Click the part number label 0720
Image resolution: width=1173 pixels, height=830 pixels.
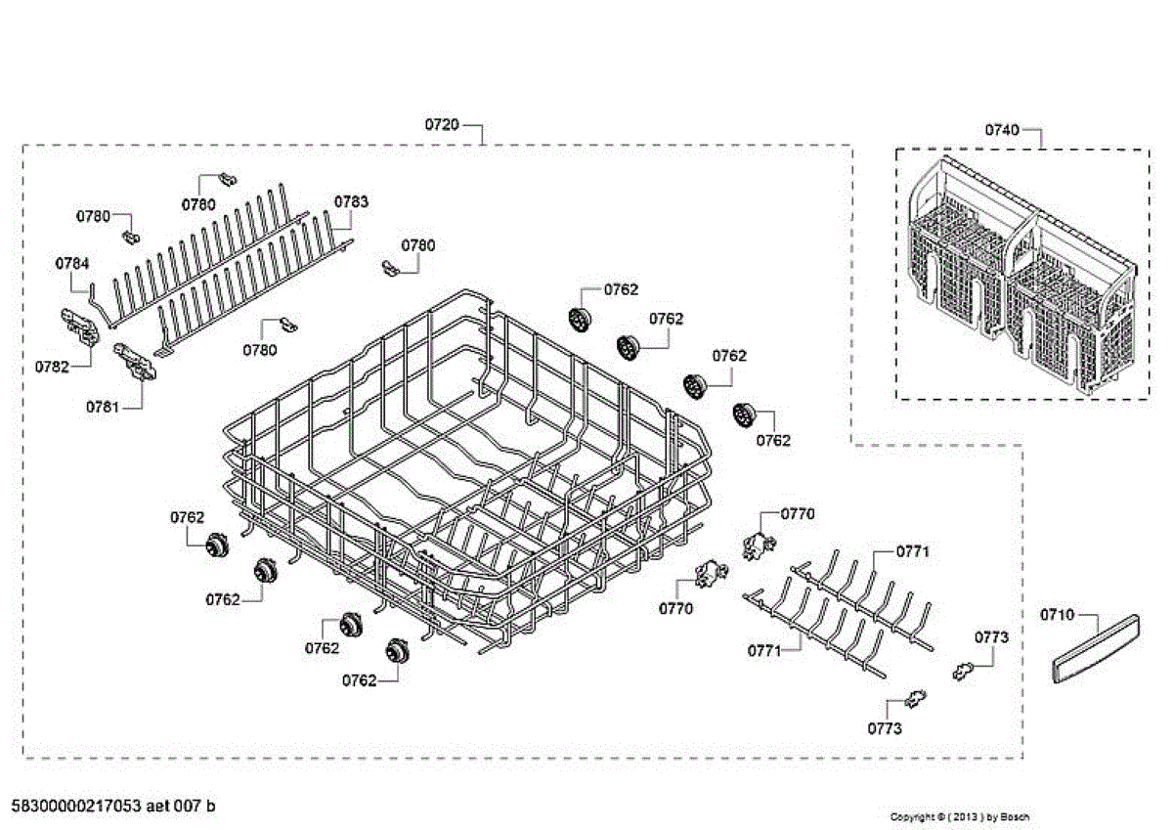(441, 125)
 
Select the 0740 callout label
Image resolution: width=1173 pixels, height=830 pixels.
(1001, 129)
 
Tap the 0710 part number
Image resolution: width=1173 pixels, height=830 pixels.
(1056, 615)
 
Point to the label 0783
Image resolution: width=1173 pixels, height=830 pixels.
(351, 201)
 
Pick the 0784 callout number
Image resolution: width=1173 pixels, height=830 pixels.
(71, 263)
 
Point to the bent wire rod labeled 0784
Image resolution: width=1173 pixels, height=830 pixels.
(96, 302)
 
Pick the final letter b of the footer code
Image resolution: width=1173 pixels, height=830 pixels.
(211, 807)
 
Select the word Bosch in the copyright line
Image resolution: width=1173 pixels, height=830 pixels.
(1015, 816)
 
